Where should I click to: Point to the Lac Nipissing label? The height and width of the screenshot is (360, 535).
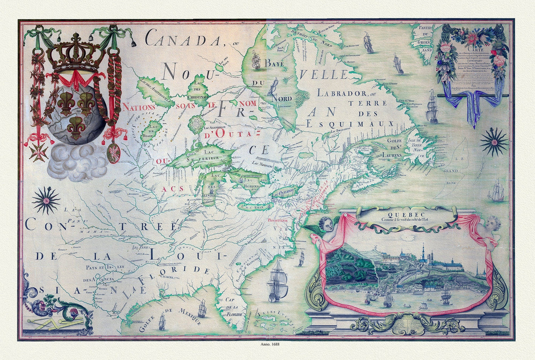pyautogui.click(x=262, y=163)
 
